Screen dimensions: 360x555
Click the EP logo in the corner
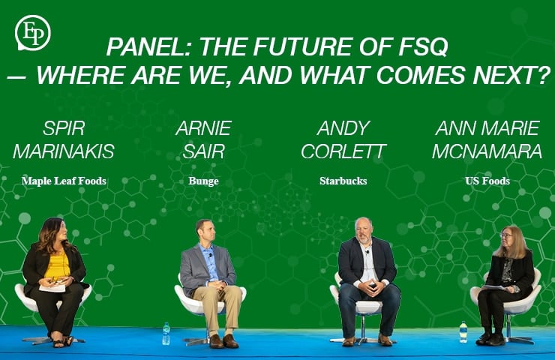[x=32, y=34]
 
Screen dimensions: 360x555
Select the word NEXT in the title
[x=502, y=75]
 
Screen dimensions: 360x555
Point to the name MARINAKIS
[x=64, y=151]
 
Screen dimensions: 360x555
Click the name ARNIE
[x=203, y=127]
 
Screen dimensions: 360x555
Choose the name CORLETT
[x=343, y=151]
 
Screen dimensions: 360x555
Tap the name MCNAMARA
[x=487, y=151]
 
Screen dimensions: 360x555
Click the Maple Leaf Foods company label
[x=64, y=181]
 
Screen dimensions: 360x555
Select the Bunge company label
[x=203, y=181]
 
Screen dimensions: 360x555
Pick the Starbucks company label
[x=343, y=181]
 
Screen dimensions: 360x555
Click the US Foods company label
[x=487, y=181]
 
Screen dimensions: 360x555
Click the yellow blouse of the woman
[x=57, y=266]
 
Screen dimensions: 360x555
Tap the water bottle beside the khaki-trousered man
[x=166, y=334]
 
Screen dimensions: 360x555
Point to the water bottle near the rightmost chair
[x=463, y=332]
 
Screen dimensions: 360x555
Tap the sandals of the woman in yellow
[x=60, y=342]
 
